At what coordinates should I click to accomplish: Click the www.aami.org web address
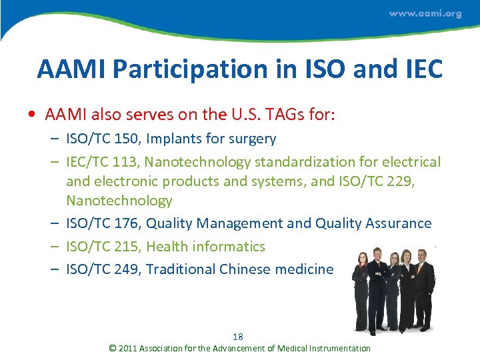[x=425, y=14]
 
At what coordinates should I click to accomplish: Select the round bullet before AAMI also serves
[x=33, y=115]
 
